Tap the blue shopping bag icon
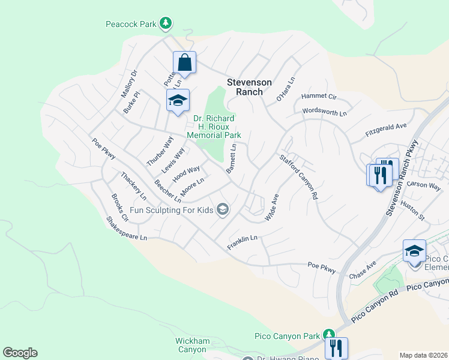(x=184, y=62)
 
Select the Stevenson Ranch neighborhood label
(x=249, y=87)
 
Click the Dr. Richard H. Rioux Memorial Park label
(x=214, y=127)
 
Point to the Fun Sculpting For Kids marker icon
(x=223, y=209)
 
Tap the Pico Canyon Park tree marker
(x=328, y=334)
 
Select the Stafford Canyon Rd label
(x=298, y=176)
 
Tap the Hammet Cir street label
(x=319, y=96)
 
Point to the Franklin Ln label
(x=243, y=242)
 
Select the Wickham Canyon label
(x=193, y=345)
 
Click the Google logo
(x=20, y=353)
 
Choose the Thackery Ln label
(x=133, y=186)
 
